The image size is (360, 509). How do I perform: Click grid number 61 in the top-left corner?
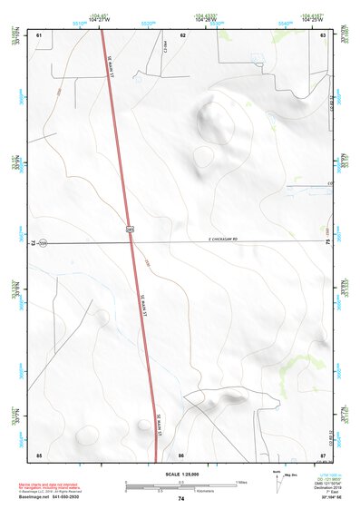point(39,34)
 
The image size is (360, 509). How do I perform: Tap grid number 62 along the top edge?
point(182,34)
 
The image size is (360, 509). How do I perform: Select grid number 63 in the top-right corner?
point(323,34)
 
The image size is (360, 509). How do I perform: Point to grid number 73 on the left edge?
point(34,243)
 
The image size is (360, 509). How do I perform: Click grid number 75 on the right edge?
point(327,243)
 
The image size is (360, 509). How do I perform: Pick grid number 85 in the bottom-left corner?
point(39,454)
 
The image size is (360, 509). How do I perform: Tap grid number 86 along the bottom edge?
point(181,454)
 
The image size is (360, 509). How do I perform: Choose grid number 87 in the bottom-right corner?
point(323,454)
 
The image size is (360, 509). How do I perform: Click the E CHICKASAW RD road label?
point(216,240)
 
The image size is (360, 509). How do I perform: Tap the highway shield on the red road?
point(130,231)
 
